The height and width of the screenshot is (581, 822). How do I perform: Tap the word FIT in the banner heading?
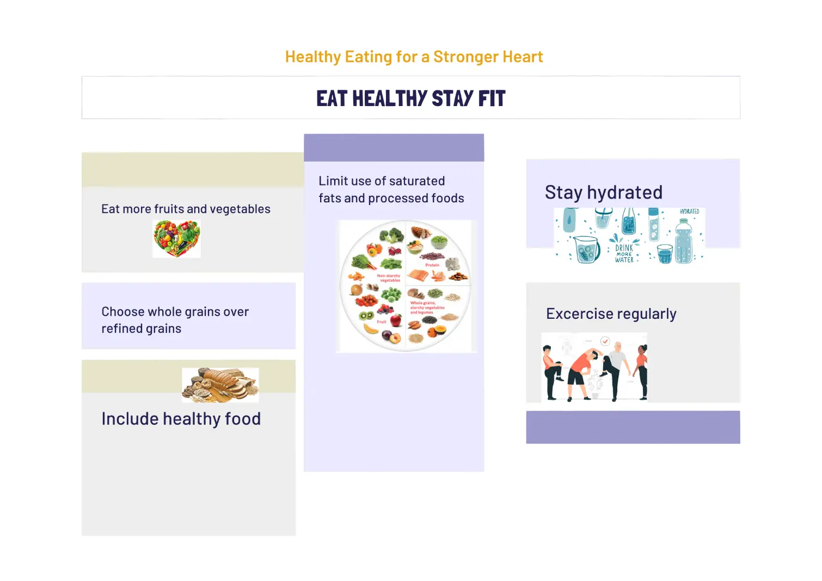click(492, 98)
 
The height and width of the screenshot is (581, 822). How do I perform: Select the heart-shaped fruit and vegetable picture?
click(176, 238)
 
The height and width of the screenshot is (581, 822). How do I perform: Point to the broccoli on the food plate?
click(391, 236)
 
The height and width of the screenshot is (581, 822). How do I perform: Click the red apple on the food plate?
click(396, 320)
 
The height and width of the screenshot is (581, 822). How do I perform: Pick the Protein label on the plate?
click(432, 265)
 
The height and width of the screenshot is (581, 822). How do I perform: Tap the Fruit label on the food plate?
click(382, 322)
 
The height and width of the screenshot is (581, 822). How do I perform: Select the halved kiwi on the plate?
click(366, 316)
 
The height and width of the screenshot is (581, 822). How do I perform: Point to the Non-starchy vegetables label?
click(389, 278)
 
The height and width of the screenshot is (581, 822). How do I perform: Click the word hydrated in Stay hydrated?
click(624, 193)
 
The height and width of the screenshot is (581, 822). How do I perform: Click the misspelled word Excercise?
click(580, 314)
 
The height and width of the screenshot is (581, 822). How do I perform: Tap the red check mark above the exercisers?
click(605, 341)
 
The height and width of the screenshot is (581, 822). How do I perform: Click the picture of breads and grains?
click(220, 385)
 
